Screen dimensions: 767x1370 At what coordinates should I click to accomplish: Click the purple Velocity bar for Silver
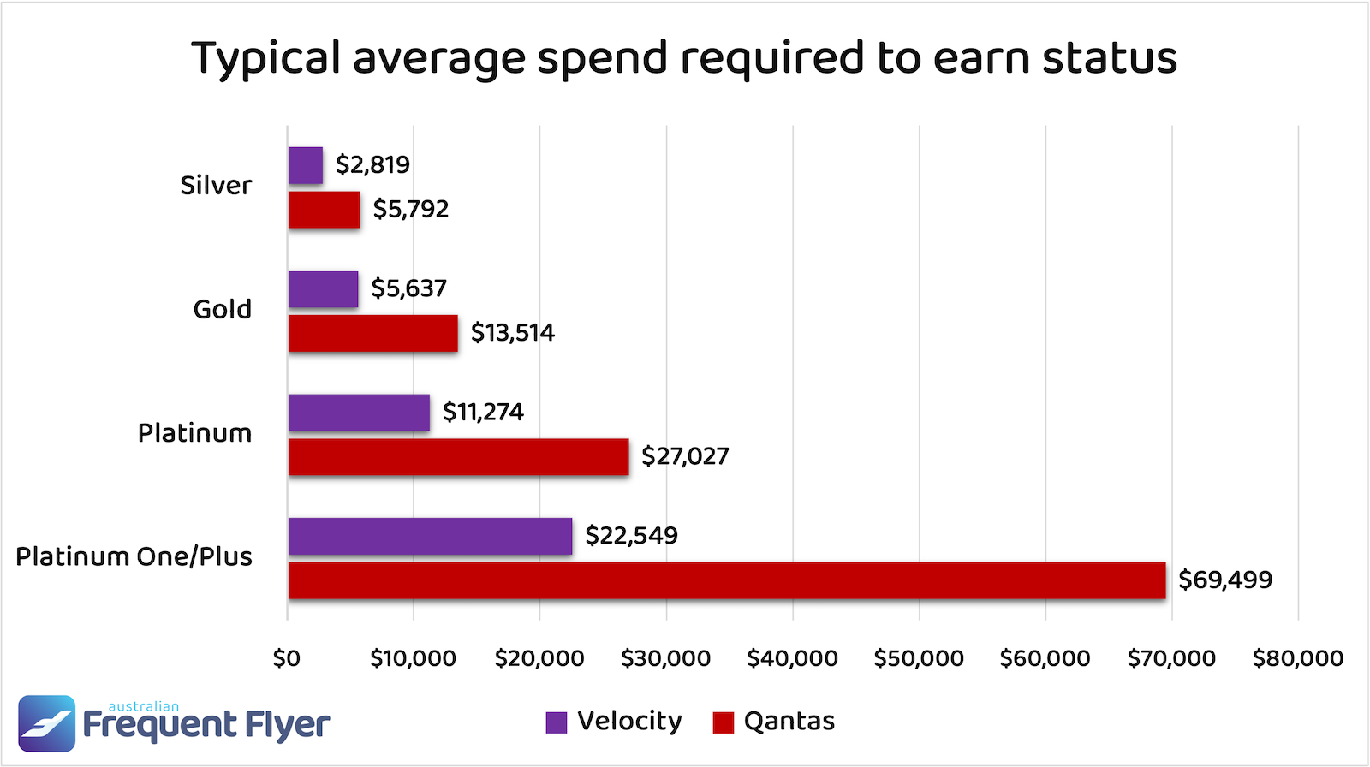[306, 165]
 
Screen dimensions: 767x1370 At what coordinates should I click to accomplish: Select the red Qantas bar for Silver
[324, 210]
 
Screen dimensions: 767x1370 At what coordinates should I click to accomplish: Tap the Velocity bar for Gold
[323, 289]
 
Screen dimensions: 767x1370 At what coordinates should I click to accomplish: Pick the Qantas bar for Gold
[372, 333]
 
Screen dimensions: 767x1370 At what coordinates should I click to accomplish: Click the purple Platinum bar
[359, 413]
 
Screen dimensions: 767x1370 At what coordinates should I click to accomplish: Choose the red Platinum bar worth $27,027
[458, 456]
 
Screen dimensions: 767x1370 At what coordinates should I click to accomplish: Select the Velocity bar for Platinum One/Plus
[430, 536]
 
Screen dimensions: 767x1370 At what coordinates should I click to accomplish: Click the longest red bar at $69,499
[726, 580]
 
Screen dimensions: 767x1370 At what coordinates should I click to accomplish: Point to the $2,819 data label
[372, 164]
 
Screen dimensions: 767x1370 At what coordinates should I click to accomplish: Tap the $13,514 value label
[512, 332]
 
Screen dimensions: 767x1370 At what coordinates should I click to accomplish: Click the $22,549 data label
[631, 536]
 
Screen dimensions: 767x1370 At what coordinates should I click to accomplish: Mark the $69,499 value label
[1225, 580]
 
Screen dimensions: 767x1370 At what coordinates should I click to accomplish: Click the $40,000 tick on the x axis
[792, 658]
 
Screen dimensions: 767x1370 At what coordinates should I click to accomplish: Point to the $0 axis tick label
[287, 658]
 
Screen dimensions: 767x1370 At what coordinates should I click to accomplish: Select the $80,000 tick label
[1297, 658]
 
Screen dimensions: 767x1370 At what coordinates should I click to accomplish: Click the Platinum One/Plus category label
[134, 556]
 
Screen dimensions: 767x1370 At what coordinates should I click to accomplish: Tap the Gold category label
[222, 309]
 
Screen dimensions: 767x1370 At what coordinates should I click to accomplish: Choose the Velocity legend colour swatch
[557, 722]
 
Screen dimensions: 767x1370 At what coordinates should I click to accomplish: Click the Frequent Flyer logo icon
[47, 723]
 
